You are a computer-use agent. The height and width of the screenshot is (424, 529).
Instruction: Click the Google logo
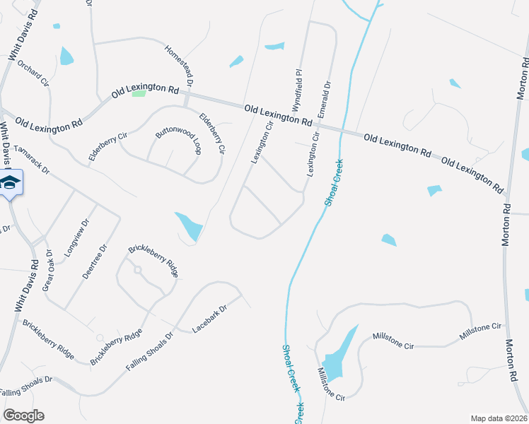23,416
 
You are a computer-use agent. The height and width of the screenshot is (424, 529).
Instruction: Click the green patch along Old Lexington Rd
139,93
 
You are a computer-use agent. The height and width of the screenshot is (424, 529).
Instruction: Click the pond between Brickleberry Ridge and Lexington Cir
189,226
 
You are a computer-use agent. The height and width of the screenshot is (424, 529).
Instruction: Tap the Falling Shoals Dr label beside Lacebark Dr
150,351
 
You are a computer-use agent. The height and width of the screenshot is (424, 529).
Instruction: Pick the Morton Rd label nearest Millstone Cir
512,361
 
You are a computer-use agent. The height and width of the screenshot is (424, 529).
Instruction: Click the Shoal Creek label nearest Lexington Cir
333,182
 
